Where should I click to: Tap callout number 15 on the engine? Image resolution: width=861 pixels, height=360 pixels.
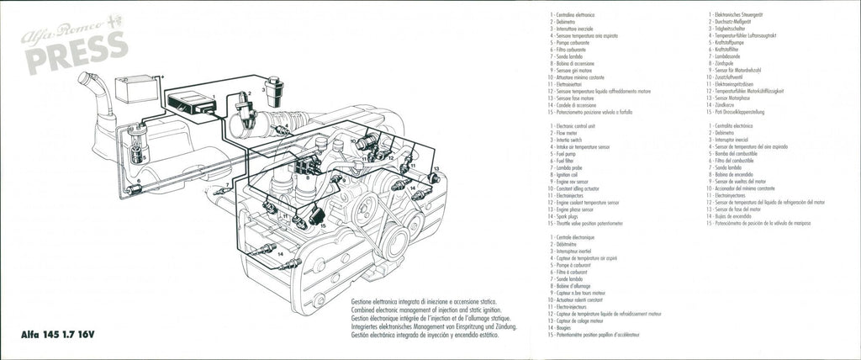coord(323,225)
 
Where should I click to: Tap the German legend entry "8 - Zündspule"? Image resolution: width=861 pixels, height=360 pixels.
coord(730,61)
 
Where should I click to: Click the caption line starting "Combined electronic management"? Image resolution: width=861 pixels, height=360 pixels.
coord(420,308)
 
